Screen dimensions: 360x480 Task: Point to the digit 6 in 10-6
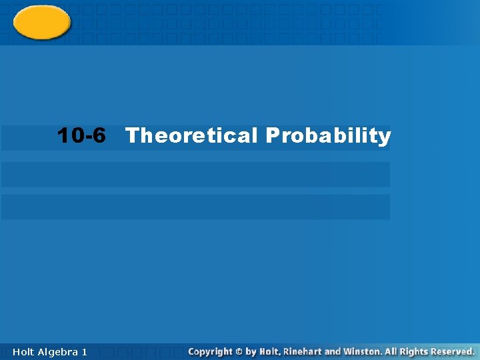(99, 136)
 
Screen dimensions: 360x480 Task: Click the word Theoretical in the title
(191, 136)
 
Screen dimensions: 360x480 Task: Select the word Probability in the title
(328, 136)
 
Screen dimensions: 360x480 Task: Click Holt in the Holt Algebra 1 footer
(24, 351)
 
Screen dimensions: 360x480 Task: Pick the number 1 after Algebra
(84, 351)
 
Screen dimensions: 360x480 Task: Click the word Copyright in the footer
(211, 351)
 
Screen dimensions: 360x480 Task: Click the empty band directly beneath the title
(195, 175)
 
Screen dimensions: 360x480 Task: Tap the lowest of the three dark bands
(195, 207)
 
